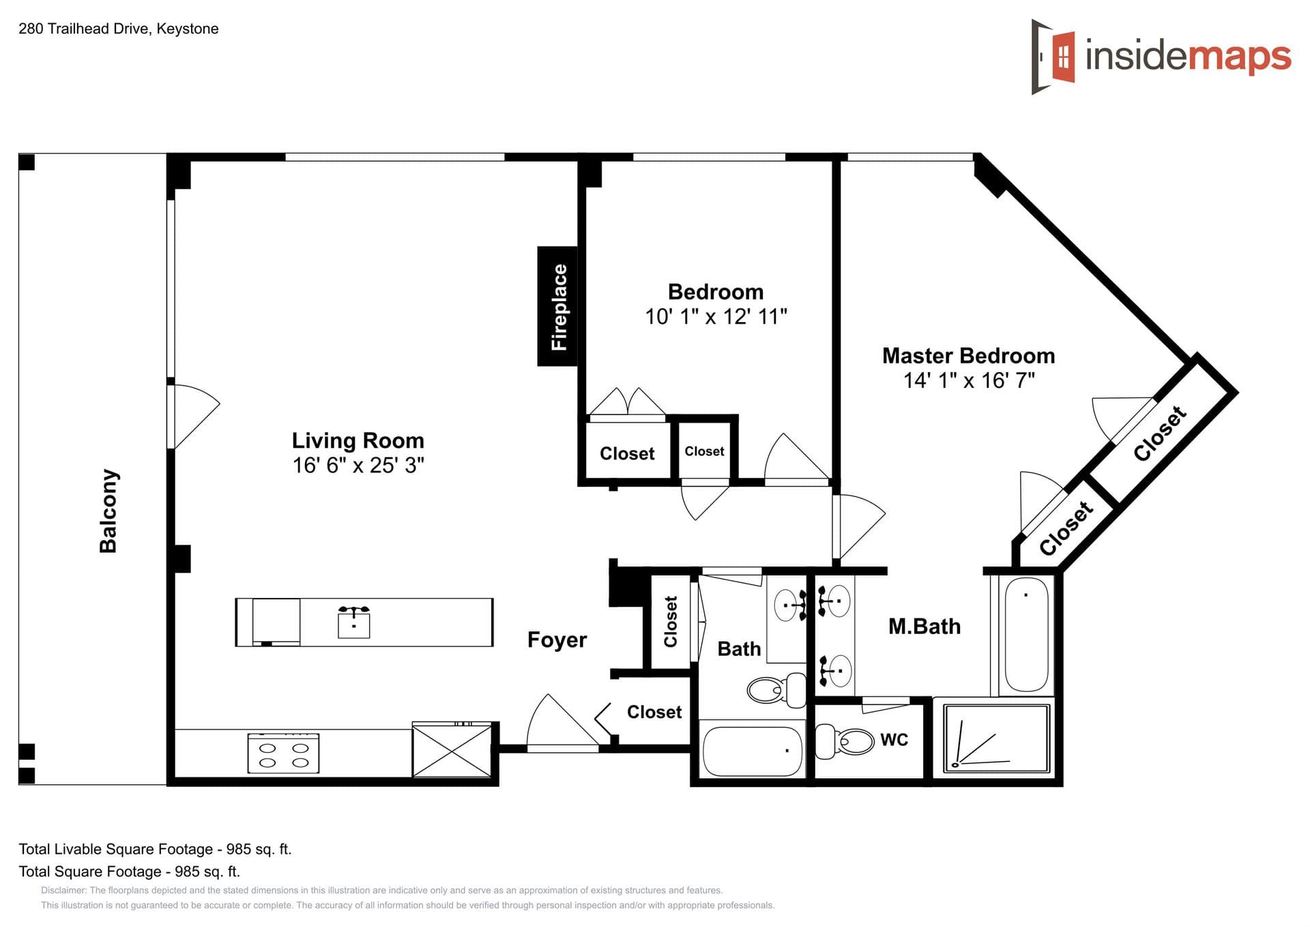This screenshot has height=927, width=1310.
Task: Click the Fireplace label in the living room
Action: coord(559,306)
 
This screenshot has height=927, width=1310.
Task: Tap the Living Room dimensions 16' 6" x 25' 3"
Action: coord(358,466)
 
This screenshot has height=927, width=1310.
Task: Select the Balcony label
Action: coord(108,511)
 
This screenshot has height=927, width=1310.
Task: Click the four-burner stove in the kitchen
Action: coord(283,754)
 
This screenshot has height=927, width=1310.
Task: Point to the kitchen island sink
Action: coord(354,621)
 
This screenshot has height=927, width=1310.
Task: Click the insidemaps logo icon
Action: coord(1054,57)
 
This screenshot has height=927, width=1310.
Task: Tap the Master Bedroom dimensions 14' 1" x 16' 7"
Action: coord(969,380)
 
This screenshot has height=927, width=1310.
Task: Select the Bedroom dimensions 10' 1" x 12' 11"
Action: coord(716,317)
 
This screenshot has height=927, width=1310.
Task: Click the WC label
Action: coord(894,740)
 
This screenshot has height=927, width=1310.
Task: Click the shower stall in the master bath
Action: coord(996,739)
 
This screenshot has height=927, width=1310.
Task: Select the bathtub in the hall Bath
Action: coord(753,750)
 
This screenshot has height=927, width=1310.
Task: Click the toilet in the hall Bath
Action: coord(776,689)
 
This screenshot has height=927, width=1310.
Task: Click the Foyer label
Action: coord(557,640)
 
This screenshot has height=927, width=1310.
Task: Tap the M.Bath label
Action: coord(925,627)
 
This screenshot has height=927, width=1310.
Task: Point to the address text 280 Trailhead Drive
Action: coord(85,29)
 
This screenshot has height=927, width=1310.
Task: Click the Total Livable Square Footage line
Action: coord(155,849)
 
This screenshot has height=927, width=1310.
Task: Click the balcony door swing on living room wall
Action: coord(194,417)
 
